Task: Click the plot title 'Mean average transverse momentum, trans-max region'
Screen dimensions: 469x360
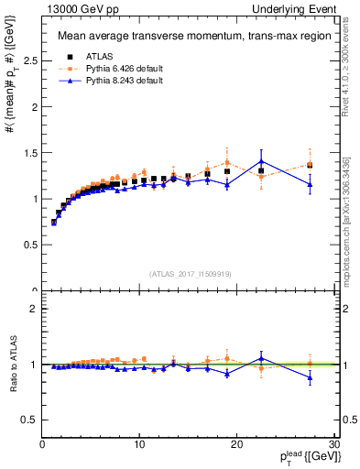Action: [183, 37]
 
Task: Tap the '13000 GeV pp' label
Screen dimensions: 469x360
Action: [72, 8]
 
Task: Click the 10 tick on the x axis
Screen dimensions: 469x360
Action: [139, 444]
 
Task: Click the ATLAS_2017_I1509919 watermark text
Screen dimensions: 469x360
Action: [189, 272]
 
